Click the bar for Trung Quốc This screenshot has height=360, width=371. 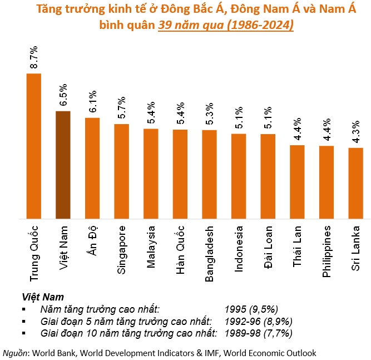[x=34, y=146]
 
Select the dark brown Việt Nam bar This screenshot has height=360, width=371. [x=63, y=165]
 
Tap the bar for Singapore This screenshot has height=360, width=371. [x=121, y=171]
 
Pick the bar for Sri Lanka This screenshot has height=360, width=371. [x=355, y=184]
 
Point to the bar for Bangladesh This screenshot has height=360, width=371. [x=209, y=175]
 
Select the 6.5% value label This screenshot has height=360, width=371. [x=63, y=95]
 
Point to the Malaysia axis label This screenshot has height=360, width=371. [x=151, y=247]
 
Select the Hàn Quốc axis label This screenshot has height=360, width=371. [x=180, y=246]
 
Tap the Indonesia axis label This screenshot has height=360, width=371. [x=239, y=248]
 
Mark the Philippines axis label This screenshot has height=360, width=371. [x=327, y=251]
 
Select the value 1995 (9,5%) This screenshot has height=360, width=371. [x=251, y=309]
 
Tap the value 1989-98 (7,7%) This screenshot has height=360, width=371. [x=259, y=333]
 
